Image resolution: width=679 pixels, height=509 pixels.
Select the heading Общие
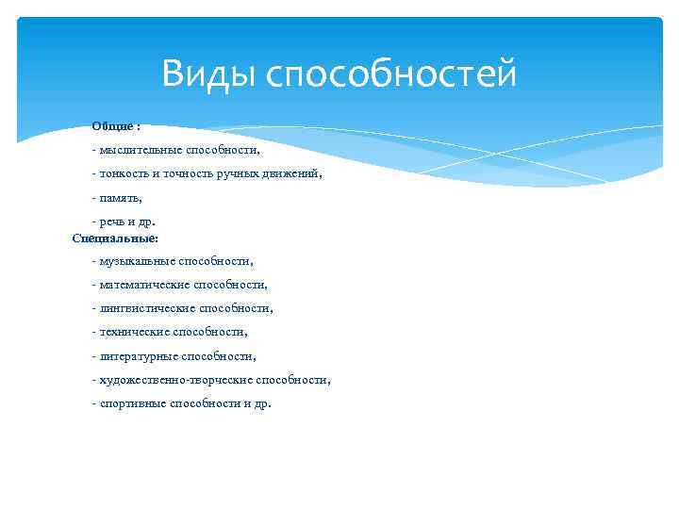tap(112, 126)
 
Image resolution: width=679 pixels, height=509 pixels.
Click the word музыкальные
tap(136, 260)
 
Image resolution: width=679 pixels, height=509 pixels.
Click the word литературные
tap(137, 356)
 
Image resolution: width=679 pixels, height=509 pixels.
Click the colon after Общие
tap(139, 126)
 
